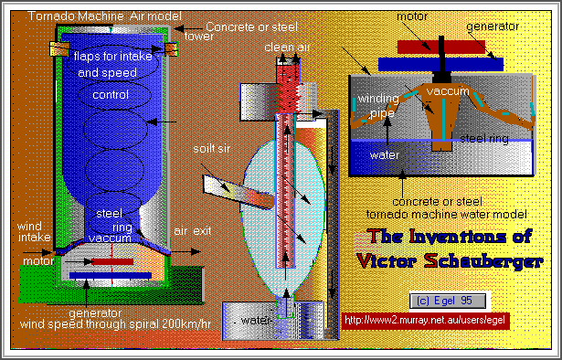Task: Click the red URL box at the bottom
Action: (424, 321)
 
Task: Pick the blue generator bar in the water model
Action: (427, 63)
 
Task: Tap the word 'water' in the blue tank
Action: (384, 154)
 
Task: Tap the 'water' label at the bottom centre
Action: (255, 320)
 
